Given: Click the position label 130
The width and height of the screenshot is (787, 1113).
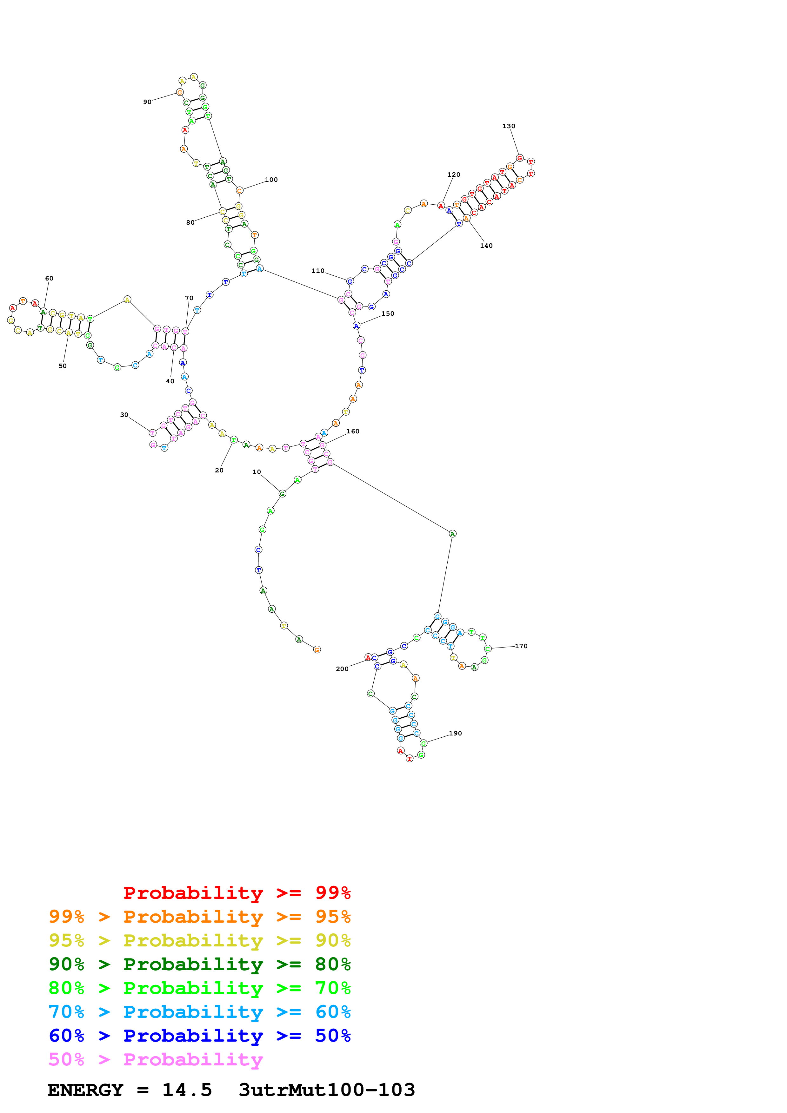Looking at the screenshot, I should [508, 126].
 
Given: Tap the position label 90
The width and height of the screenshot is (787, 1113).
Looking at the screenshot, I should [147, 102].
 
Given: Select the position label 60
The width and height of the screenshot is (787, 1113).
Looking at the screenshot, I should [49, 278].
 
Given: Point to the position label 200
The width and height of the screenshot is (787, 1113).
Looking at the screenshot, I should [342, 669].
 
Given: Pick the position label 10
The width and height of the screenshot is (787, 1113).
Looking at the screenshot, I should [257, 472].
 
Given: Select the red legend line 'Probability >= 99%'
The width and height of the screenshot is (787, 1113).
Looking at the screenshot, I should [237, 892].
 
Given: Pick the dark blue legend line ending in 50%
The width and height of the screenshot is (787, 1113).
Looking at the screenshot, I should [199, 1036].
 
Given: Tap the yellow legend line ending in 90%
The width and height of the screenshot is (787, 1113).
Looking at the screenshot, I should [199, 940].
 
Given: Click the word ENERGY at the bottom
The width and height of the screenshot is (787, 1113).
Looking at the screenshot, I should [85, 1090].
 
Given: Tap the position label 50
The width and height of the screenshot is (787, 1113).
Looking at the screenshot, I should [63, 366].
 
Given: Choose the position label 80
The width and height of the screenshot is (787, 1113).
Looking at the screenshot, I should [190, 222].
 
